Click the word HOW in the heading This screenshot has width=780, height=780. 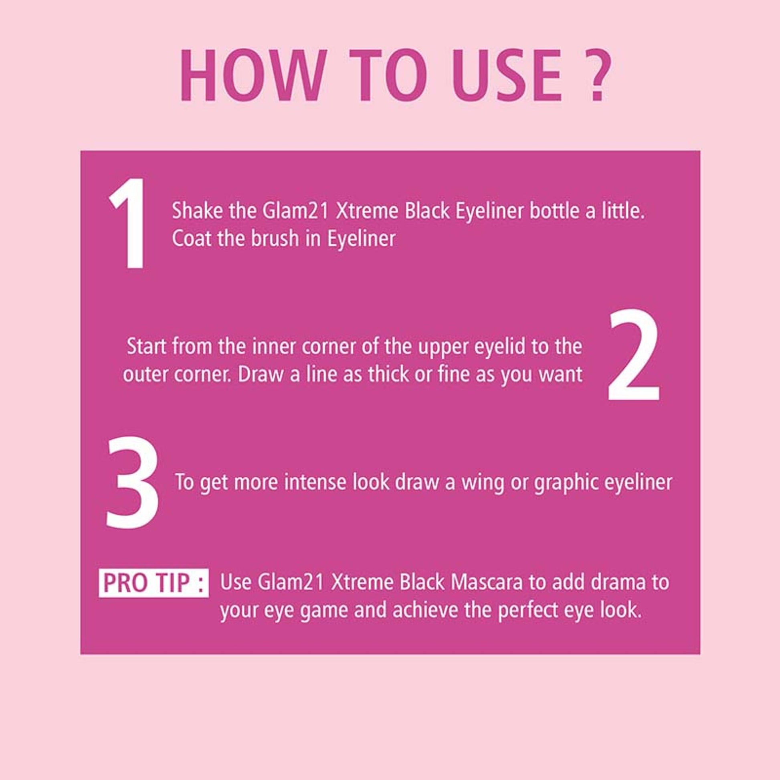tap(253, 75)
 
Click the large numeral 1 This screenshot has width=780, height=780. tap(128, 223)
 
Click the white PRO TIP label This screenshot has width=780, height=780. tap(154, 583)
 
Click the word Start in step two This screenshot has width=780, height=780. tap(147, 347)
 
